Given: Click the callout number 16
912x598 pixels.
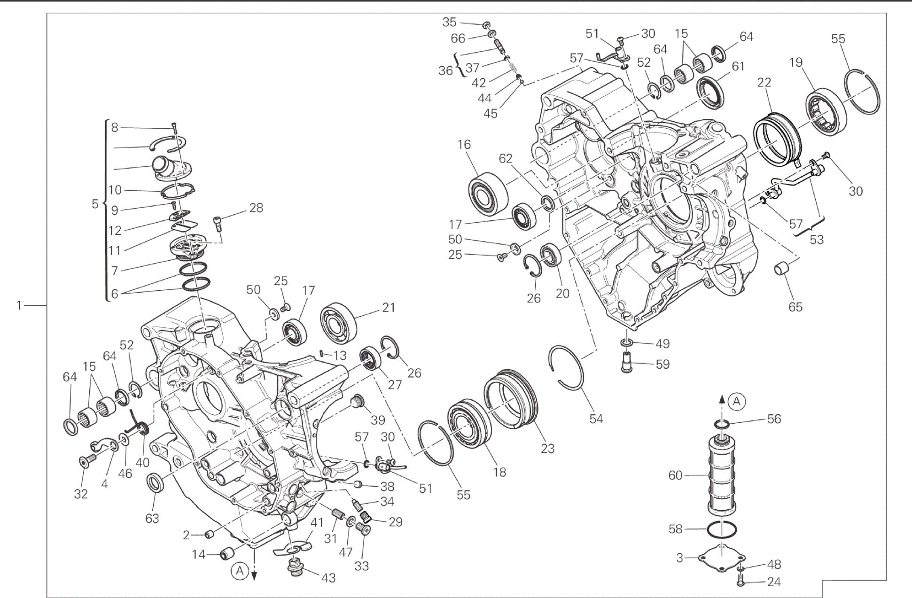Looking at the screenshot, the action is [464, 145].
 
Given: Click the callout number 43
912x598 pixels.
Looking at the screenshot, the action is [328, 578].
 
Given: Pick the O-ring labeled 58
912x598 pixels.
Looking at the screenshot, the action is [722, 530].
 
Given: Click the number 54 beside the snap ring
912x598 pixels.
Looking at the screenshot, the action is [596, 419].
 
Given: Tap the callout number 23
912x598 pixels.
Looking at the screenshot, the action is [548, 448].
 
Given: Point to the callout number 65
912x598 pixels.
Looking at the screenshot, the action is [795, 307].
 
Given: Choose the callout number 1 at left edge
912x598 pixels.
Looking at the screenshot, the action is [19, 306].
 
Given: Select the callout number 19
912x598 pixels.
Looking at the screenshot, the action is [796, 62].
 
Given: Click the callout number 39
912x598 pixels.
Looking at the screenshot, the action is [378, 419].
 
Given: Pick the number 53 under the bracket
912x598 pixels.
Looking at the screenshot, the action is [817, 240].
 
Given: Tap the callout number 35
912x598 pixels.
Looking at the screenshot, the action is [449, 22].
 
